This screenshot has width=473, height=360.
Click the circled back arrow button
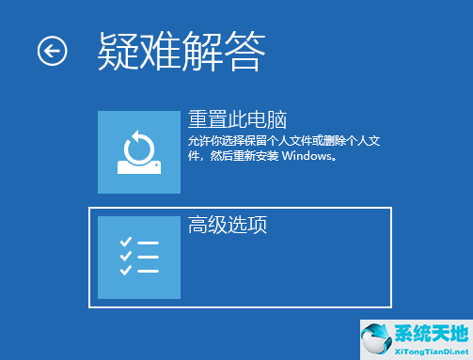(53, 51)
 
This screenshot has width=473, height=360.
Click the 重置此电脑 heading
(236, 121)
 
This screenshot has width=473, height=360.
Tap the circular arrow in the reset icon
(138, 145)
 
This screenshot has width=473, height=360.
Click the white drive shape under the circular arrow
(138, 167)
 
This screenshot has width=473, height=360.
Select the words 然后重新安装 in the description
(242, 157)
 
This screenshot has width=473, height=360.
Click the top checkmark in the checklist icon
(125, 243)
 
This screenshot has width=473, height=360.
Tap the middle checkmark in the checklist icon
(125, 257)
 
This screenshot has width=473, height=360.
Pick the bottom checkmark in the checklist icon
(125, 271)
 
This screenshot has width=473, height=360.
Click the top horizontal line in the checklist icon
(149, 243)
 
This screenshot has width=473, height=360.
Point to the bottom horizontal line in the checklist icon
(149, 271)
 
